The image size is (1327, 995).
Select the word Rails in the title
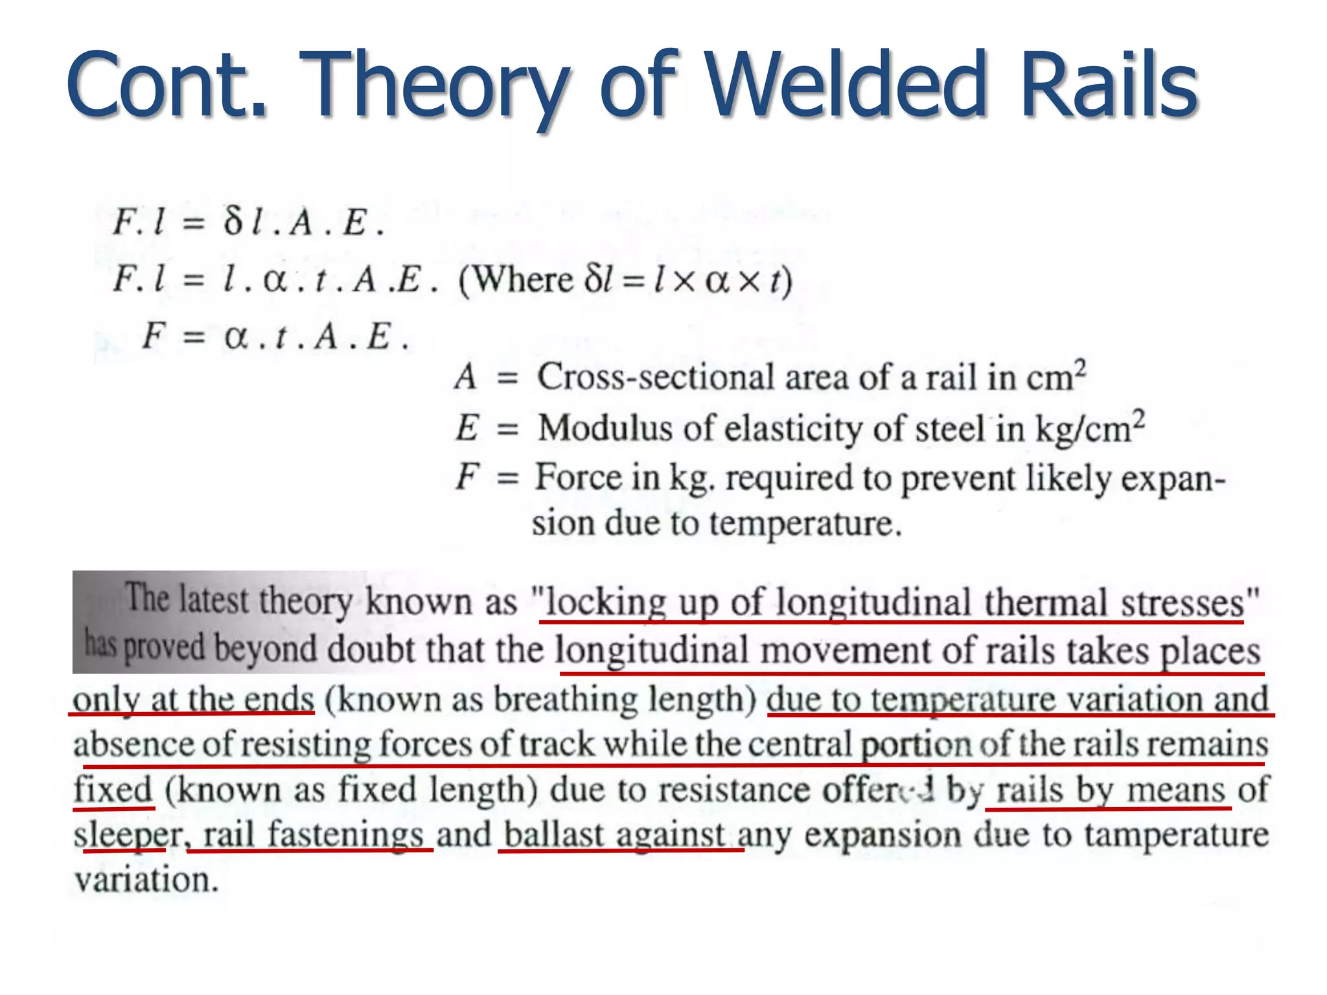(1108, 85)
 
